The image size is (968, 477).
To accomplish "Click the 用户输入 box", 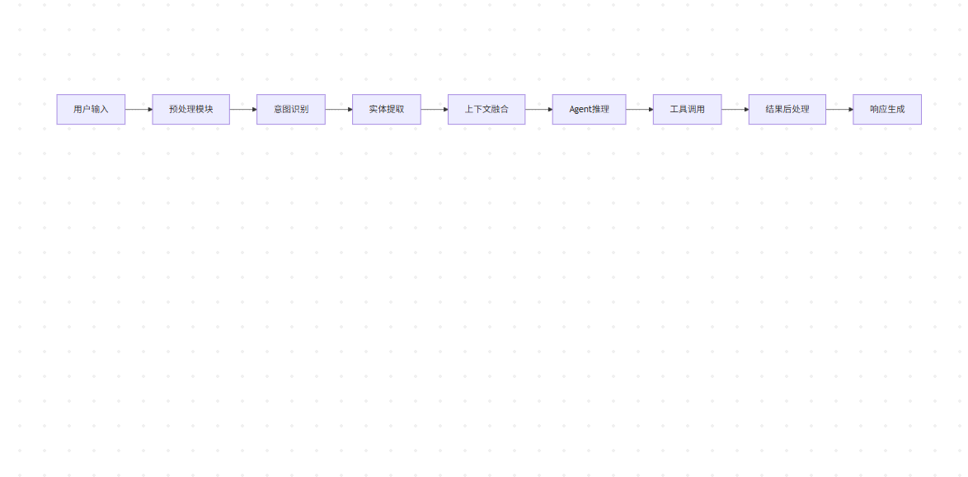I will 91,109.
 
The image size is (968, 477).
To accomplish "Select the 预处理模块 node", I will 190,109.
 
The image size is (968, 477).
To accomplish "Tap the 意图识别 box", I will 291,109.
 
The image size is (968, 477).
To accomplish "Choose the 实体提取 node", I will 387,109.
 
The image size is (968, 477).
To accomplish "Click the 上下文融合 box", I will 486,109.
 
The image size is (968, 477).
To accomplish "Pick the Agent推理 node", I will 589,109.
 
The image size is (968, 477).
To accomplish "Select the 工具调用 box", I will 687,109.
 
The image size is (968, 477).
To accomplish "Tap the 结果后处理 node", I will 787,109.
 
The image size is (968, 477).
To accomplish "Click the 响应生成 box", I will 887,109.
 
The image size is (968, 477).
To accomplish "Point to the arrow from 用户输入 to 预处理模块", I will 138,109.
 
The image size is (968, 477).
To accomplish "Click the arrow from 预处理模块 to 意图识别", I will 242,109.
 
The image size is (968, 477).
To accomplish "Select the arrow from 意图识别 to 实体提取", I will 338,109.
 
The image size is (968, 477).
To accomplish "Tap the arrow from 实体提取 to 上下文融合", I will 434,109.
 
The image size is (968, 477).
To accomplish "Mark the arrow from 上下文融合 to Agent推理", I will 538,109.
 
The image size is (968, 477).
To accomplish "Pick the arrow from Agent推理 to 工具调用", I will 639,109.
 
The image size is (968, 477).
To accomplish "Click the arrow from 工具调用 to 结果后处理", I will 735,109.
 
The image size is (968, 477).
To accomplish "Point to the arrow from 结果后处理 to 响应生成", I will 839,109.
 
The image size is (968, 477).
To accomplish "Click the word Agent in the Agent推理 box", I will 580,109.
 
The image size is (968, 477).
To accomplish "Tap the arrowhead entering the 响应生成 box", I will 849,109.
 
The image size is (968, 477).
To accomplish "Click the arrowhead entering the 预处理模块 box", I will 149,109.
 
